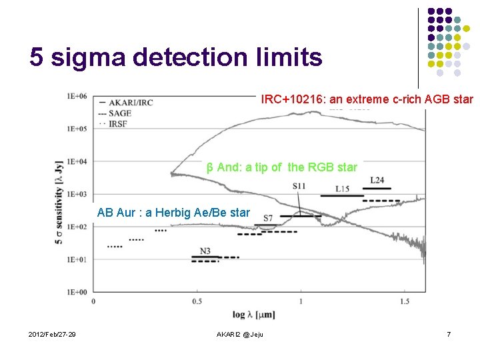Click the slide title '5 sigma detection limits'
click(x=176, y=58)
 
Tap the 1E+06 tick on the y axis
click(x=77, y=96)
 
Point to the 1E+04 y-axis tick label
click(x=77, y=161)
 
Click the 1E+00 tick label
click(x=77, y=292)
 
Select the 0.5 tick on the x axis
click(x=197, y=302)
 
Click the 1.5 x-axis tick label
click(x=404, y=302)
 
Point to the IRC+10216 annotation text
click(x=367, y=99)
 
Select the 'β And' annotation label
click(x=282, y=167)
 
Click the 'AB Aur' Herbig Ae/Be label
click(x=173, y=213)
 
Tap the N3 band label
click(x=205, y=251)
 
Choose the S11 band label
click(x=299, y=185)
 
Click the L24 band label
click(x=377, y=181)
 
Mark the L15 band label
click(x=342, y=189)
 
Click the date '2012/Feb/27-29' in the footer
click(x=53, y=334)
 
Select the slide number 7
click(x=449, y=334)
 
